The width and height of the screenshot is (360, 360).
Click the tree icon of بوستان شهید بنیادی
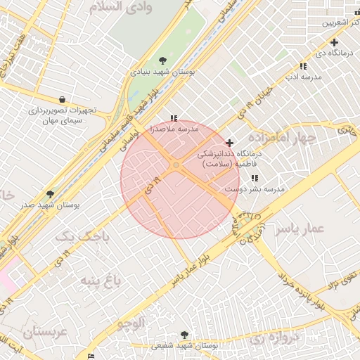click(x=163, y=60)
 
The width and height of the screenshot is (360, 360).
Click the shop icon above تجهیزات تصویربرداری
click(x=63, y=100)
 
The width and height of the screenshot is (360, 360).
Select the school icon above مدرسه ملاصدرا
click(x=174, y=118)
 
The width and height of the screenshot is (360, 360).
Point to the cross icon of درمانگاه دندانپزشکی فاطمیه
click(x=229, y=143)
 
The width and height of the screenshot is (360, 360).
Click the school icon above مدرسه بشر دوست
click(x=254, y=179)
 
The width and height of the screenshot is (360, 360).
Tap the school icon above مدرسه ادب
click(x=303, y=66)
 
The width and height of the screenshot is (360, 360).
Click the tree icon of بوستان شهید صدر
click(x=50, y=193)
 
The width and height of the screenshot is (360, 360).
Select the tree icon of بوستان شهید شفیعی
click(x=184, y=335)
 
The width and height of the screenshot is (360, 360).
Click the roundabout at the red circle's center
click(x=176, y=165)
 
